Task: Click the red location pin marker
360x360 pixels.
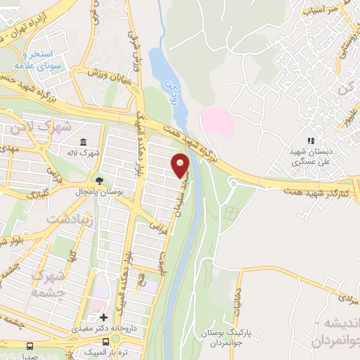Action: coord(181,166)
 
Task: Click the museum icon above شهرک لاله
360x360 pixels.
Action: coord(84,141)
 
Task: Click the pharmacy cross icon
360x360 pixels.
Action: coord(104,318)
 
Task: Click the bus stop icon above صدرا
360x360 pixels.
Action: coord(30,346)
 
